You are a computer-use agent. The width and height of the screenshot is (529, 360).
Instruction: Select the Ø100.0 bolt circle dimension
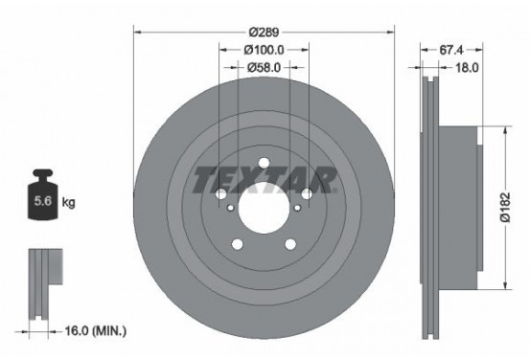264,49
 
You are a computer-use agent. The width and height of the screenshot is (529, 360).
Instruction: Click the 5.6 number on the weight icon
43,202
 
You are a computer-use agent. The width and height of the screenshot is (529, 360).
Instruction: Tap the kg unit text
68,203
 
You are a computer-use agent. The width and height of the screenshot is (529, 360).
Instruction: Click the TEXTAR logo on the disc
264,179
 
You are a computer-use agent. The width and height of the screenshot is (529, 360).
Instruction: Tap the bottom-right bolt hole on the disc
291,244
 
